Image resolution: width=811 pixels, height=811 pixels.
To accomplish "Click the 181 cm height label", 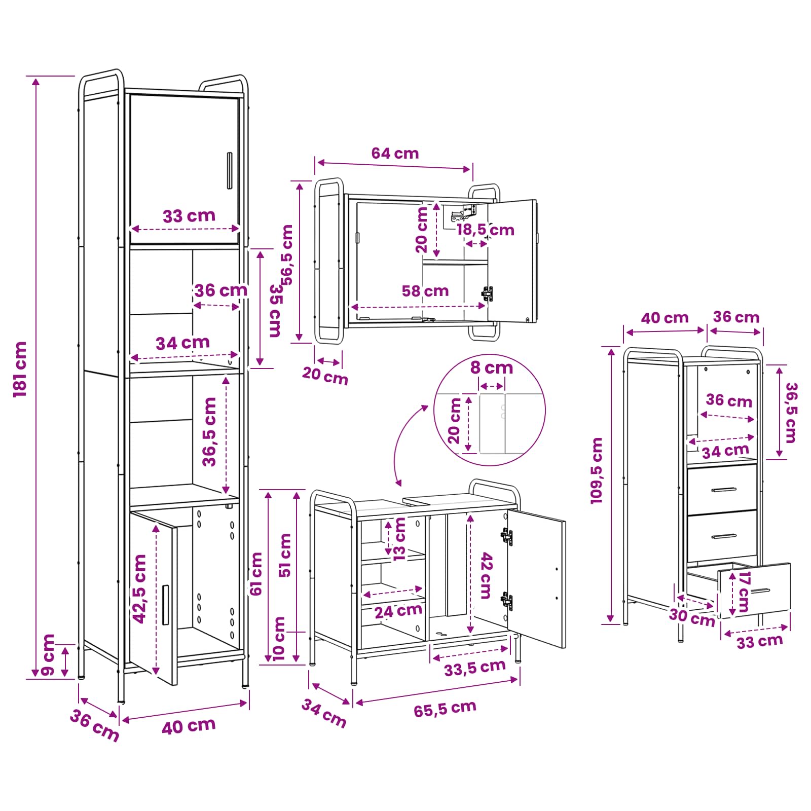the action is point(20,369).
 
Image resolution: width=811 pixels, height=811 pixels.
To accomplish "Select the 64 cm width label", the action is point(395,153).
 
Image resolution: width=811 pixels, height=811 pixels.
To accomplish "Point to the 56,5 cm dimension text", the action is point(287,255).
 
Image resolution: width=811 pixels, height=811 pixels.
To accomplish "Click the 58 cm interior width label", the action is point(425,291).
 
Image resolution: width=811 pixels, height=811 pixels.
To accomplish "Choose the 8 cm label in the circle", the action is point(492,367).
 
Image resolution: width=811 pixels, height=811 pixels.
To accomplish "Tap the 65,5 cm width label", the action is point(445,709).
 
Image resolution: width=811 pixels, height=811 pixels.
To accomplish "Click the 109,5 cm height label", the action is point(597,470).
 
